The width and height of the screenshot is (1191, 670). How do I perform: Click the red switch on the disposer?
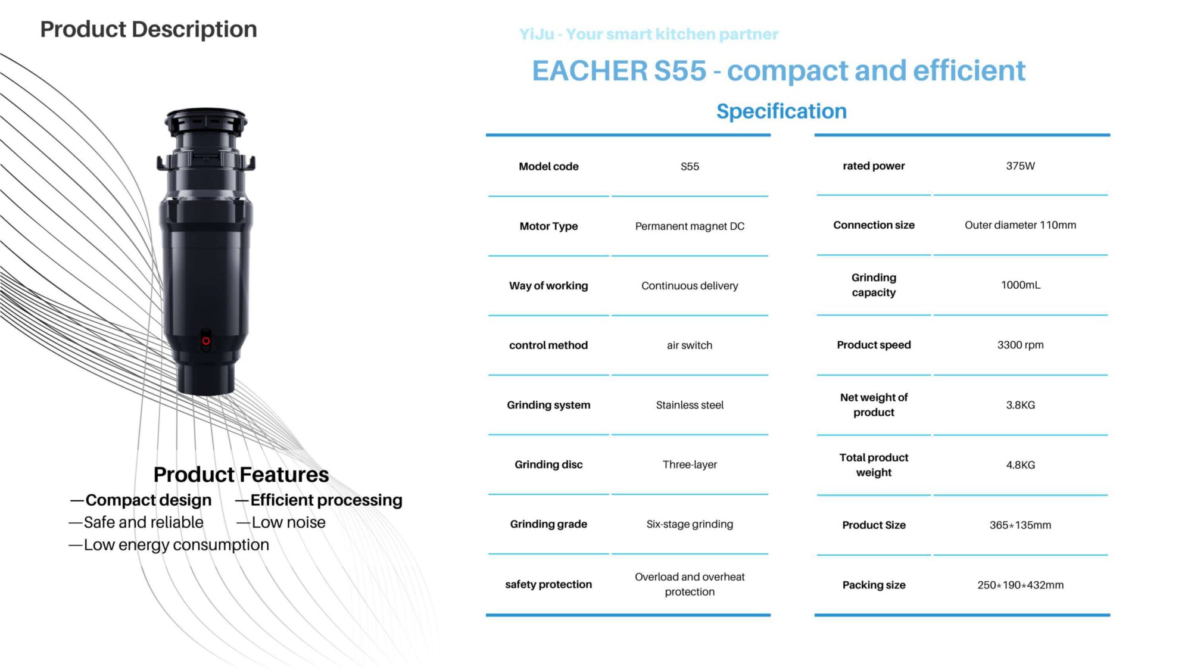206,341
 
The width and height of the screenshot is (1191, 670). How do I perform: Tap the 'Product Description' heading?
149,29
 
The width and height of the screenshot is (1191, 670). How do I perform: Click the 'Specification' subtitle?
781,111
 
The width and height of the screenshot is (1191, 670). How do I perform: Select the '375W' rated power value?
1020,166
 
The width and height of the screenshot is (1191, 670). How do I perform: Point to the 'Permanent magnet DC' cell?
690,226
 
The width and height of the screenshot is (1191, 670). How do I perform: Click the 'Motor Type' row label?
548,226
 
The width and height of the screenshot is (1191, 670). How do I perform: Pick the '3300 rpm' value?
1020,345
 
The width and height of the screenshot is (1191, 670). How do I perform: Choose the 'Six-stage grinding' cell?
690,524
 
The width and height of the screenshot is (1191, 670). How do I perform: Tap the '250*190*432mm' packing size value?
1020,585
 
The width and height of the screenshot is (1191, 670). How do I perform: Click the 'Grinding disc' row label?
548,465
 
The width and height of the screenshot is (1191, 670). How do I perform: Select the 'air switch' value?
690,345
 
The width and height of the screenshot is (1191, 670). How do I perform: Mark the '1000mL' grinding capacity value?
1020,285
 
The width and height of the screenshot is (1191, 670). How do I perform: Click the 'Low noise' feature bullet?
281,522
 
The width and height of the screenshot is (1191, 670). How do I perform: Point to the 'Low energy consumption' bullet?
169,545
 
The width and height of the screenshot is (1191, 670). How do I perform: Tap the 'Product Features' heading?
241,475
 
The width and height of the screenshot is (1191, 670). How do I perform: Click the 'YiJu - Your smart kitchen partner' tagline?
648,34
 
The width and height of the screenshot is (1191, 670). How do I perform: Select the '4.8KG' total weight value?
1020,465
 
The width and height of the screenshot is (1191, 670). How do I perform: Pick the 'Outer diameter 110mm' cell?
1020,225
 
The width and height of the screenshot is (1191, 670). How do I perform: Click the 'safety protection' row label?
548,584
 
